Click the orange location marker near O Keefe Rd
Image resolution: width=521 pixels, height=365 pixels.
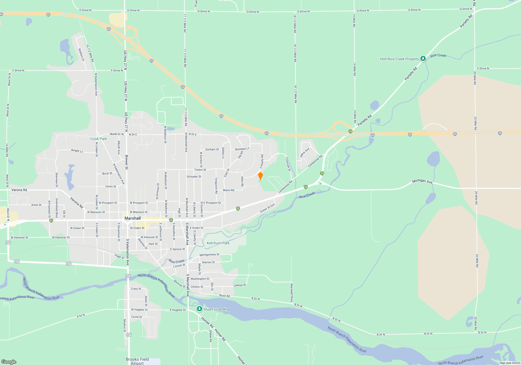pos(260,176)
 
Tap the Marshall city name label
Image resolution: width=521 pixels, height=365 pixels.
pos(133,218)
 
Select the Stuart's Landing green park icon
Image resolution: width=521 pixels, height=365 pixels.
pos(200,309)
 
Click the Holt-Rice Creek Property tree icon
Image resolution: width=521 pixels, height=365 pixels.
pos(423,58)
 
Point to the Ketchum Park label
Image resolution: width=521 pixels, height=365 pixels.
pos(218,243)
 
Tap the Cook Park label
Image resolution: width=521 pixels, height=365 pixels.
pos(98,139)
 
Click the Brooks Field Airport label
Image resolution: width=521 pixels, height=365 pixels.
pos(137,361)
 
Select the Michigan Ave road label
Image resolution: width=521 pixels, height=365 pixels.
pos(422,181)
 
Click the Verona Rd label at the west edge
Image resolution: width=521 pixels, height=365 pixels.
pos(19,190)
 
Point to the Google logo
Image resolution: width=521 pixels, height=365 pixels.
pos(9,362)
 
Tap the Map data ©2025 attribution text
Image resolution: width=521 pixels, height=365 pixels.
pos(510,363)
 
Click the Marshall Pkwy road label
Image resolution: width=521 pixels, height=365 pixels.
pos(291,293)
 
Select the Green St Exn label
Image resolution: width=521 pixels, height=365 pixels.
pos(267,208)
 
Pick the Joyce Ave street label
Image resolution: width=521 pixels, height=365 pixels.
pos(305,153)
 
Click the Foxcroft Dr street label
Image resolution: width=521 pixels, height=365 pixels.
pos(288,164)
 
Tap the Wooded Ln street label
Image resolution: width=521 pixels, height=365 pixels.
pos(242,149)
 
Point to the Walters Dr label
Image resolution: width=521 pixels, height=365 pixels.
pos(81,55)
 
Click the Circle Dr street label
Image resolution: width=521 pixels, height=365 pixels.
pos(137,317)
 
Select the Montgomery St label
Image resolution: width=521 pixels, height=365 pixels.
pos(209,254)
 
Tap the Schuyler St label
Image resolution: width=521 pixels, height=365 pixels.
pos(194,177)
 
